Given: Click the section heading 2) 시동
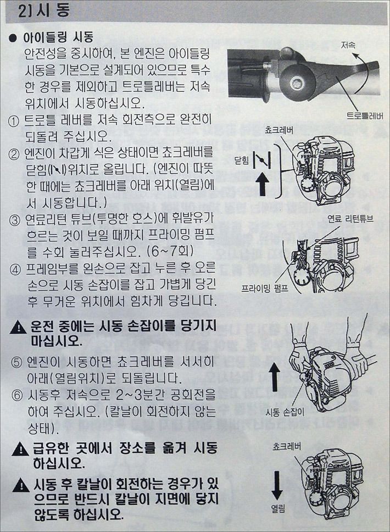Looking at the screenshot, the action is tap(44, 11).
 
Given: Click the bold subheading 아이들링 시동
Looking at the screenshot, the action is tap(58, 37).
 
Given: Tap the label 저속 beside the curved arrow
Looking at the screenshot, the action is tap(348, 45).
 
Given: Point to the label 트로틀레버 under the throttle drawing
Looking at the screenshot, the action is tap(365, 116).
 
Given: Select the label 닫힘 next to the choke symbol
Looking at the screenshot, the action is tap(242, 160).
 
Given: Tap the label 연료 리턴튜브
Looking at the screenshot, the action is tap(350, 219).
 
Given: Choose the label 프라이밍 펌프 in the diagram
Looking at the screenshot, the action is tap(265, 289).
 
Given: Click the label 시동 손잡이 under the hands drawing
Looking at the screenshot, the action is tap(285, 413).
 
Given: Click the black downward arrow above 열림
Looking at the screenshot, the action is tap(277, 485).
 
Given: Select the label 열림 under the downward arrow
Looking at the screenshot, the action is tap(278, 508).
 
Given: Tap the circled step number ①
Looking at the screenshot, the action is tap(14, 121).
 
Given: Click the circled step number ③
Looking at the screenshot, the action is tap(15, 221).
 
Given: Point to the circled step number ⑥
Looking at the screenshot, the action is tap(16, 395).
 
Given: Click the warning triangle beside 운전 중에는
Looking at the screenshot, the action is tap(18, 328).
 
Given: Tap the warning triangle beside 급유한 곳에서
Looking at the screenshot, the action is tap(20, 450).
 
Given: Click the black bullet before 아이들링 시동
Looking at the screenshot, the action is tap(13, 38).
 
